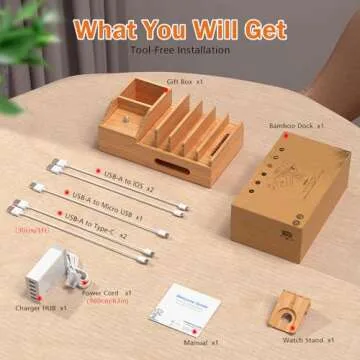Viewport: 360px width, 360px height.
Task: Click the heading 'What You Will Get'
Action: (180, 27)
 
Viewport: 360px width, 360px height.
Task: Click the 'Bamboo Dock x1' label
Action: (296, 127)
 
